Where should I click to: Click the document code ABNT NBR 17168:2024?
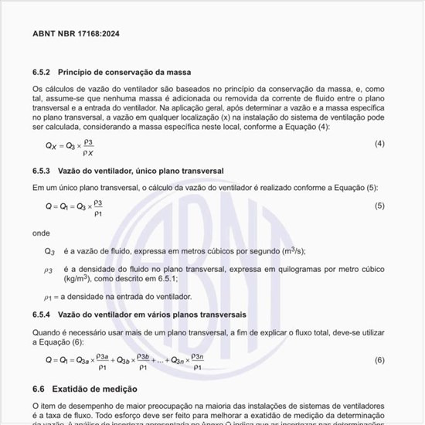[x=76, y=35]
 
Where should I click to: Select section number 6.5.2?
[x=42, y=72]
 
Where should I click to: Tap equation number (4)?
[x=379, y=144]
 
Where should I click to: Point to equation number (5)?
[x=379, y=206]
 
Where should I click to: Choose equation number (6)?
[x=379, y=360]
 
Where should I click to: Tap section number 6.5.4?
[x=42, y=314]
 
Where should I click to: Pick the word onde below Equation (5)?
[x=41, y=232]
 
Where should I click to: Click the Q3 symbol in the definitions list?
[x=49, y=251]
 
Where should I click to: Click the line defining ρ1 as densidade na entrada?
[x=117, y=296]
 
